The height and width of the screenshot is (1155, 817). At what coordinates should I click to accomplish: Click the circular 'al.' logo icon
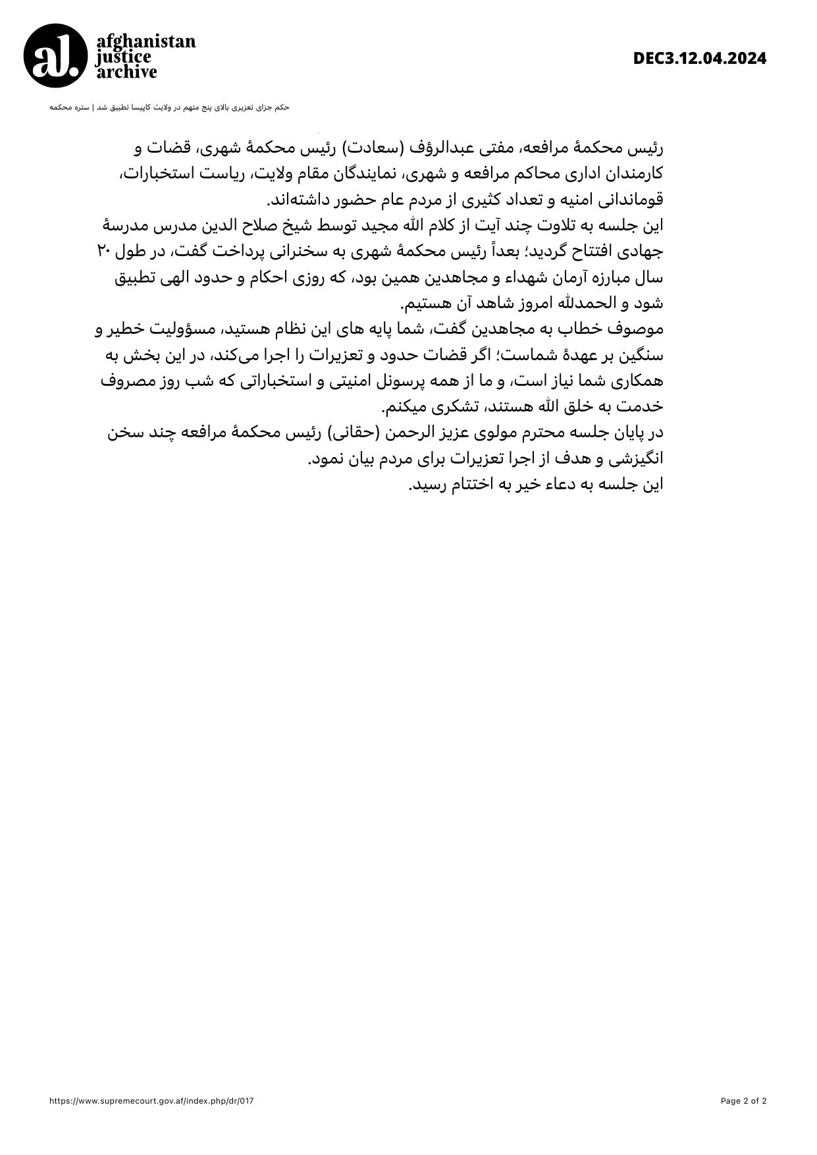pos(55,56)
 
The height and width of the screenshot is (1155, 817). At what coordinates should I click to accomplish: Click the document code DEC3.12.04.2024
pos(700,59)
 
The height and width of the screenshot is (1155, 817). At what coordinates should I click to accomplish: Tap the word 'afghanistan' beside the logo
pos(146,41)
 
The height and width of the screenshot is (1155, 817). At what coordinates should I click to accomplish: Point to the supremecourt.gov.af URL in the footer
pos(151,1101)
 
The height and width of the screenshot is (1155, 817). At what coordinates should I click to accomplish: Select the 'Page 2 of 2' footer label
pos(743,1101)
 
